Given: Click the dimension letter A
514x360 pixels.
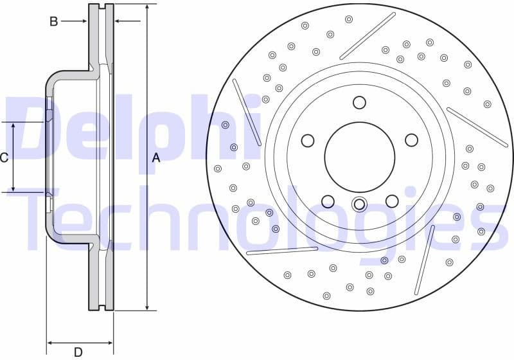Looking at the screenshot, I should click(155, 157).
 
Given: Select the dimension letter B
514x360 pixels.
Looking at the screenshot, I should click(54, 21).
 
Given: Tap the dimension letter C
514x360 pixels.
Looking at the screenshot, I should click(4, 157).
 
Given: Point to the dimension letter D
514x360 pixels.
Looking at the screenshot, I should click(78, 351).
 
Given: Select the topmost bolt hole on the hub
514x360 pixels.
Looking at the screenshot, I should click(359, 102).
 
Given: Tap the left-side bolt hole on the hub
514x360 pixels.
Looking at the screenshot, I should click(308, 141).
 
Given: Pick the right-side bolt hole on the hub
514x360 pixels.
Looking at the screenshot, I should click(410, 141).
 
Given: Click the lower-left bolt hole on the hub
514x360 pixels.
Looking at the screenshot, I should click(328, 201).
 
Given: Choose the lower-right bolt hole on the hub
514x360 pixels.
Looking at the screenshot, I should click(392, 201).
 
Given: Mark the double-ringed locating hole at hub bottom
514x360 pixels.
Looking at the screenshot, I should click(359, 205).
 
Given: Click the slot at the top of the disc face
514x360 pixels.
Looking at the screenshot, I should click(368, 35).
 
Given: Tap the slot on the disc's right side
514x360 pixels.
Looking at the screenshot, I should click(477, 127).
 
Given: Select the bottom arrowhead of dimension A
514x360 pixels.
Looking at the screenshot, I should click(147, 307).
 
